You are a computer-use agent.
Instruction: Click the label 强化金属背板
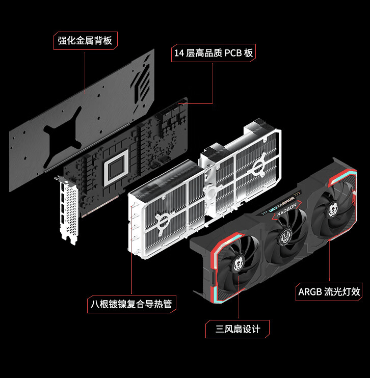[x=85, y=41]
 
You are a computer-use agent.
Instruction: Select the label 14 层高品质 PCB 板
[x=213, y=53]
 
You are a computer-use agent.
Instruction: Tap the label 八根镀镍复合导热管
[x=131, y=305]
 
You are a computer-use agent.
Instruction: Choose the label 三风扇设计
[x=237, y=329]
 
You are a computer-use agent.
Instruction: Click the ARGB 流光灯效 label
[x=329, y=292]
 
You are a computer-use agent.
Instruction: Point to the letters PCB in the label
[x=232, y=53]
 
